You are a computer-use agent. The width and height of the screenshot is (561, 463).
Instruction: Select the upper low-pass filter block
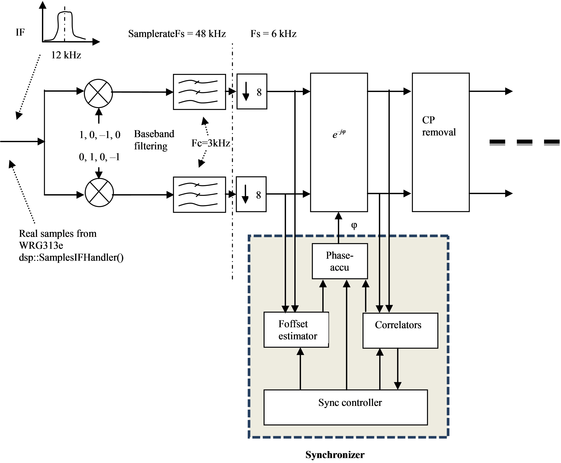pyautogui.click(x=199, y=92)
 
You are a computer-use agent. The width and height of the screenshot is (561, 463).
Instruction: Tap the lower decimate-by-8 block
pyautogui.click(x=251, y=194)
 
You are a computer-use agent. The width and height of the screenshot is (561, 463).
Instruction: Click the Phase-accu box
pyautogui.click(x=340, y=261)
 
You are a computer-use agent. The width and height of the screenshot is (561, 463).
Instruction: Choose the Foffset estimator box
pyautogui.click(x=296, y=330)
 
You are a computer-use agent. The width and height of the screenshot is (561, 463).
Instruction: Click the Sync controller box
pyautogui.click(x=345, y=407)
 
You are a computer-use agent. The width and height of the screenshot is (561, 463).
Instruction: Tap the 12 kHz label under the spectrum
pyautogui.click(x=66, y=55)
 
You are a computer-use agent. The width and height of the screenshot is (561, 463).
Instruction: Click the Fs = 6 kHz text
pyautogui.click(x=273, y=34)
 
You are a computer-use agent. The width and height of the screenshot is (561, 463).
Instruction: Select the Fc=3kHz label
pyautogui.click(x=210, y=143)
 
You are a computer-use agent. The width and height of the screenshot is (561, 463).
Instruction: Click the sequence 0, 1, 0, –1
pyautogui.click(x=99, y=157)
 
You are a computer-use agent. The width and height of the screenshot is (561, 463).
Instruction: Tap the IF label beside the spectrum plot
pyautogui.click(x=20, y=32)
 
